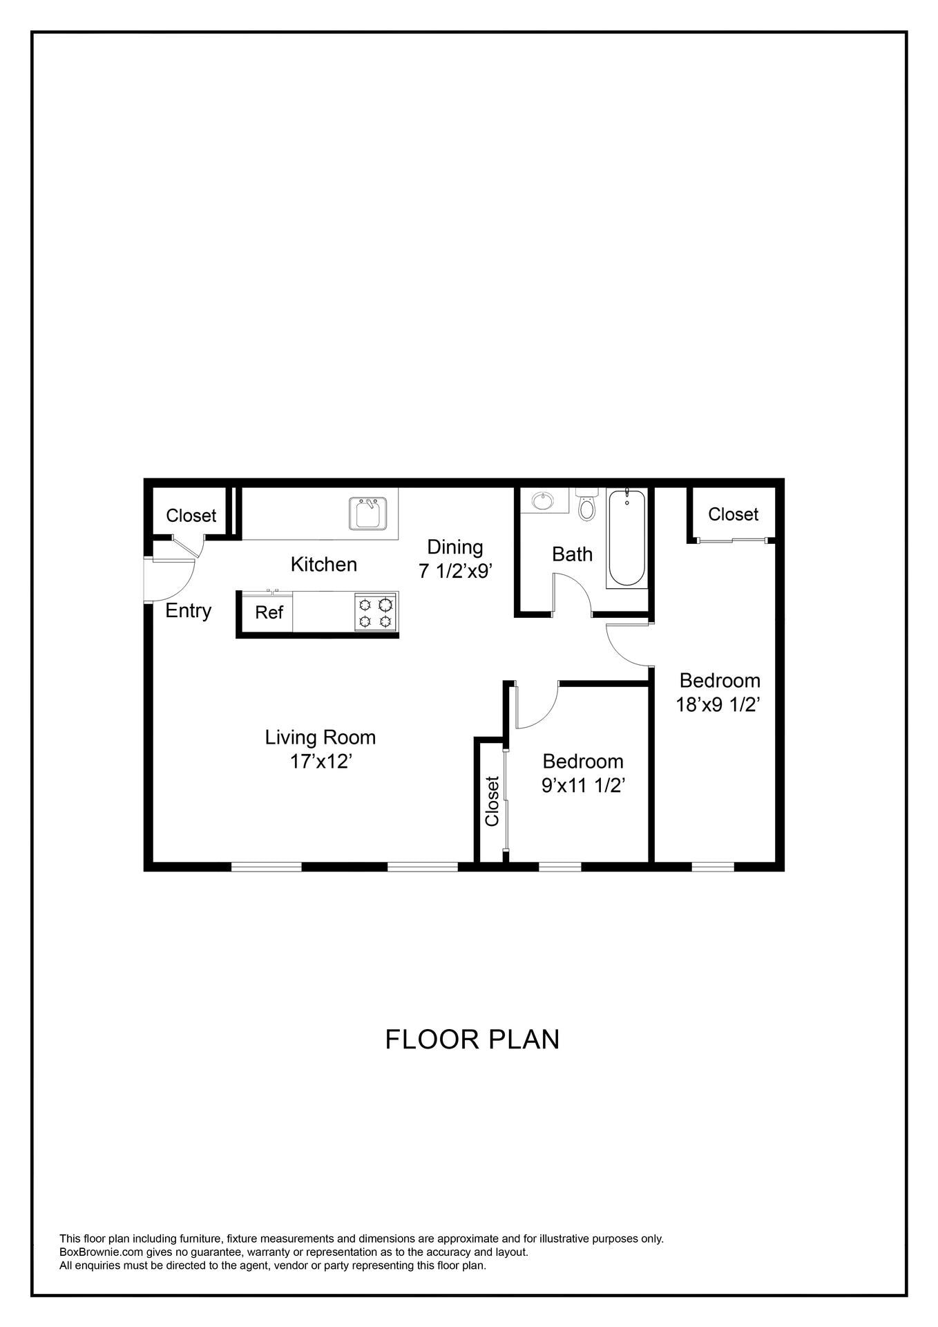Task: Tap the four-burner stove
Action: click(x=376, y=612)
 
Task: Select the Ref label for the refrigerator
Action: click(x=269, y=612)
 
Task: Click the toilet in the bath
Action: click(x=586, y=507)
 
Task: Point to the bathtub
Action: click(x=626, y=538)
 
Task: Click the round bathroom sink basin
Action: click(x=543, y=500)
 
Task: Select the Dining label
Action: click(x=454, y=547)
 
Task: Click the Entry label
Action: click(x=188, y=610)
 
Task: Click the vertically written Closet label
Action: click(x=492, y=801)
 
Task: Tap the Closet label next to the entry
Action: click(x=191, y=516)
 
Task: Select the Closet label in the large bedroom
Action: click(x=733, y=514)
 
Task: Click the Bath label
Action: click(x=572, y=554)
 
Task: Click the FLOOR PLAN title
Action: click(x=472, y=1039)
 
